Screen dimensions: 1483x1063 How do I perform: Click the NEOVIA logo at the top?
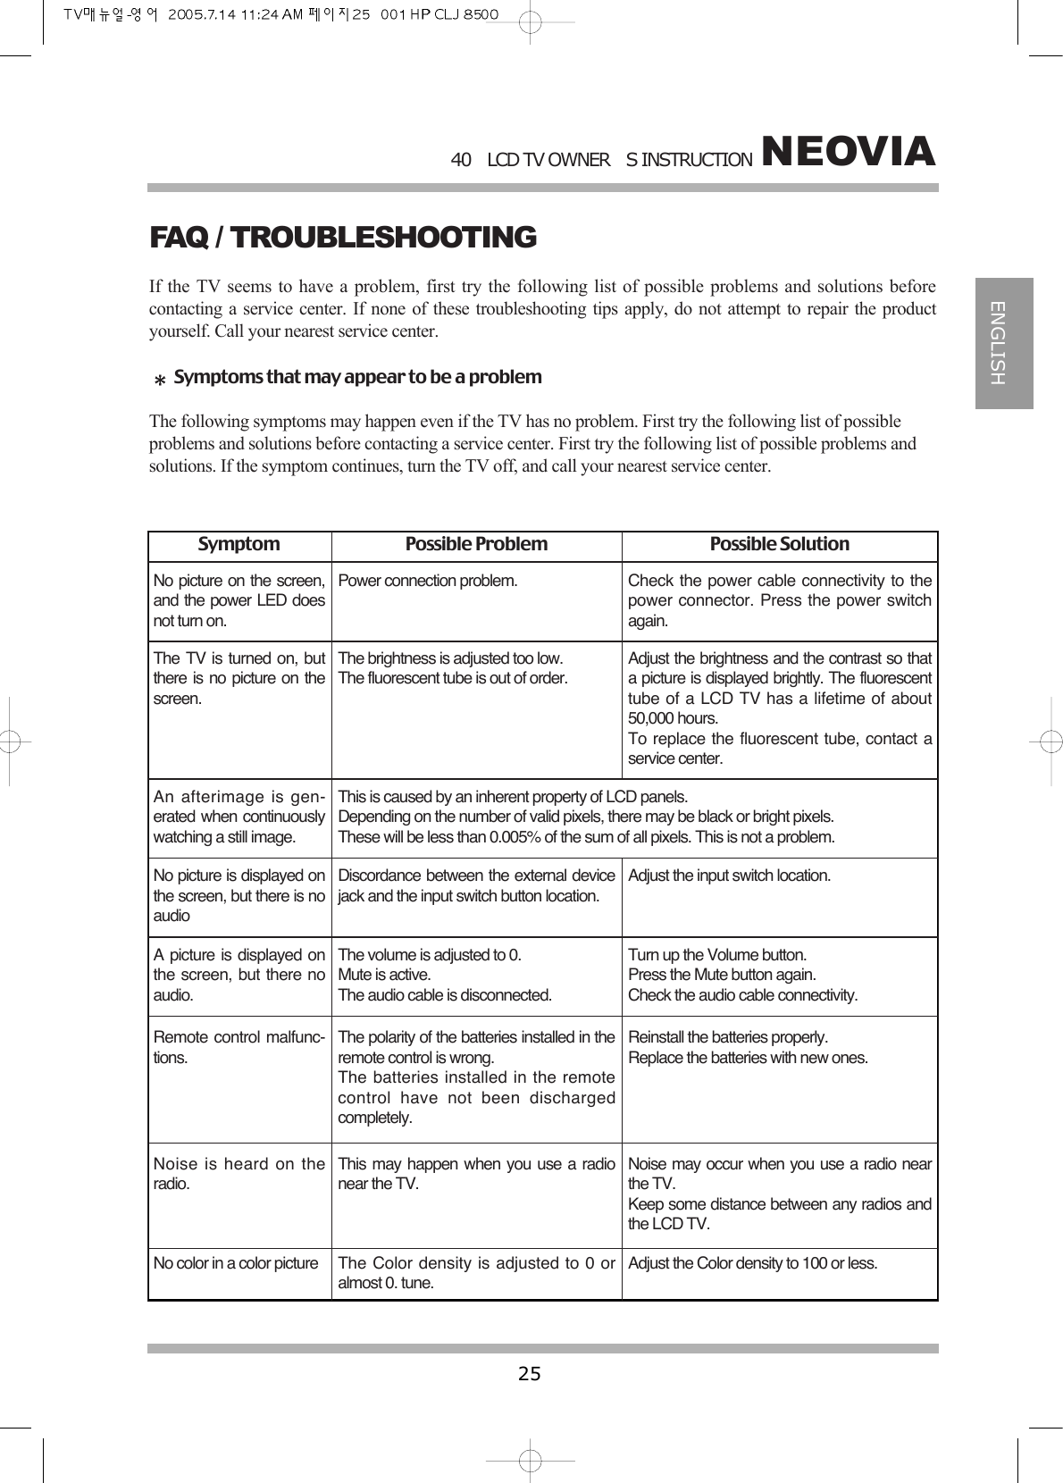tap(848, 152)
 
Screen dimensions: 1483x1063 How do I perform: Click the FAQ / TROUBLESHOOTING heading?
tap(342, 238)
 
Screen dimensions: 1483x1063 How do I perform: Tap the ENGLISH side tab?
tap(1003, 343)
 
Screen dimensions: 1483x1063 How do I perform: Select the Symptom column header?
tap(239, 544)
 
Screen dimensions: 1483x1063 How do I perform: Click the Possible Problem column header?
tap(476, 544)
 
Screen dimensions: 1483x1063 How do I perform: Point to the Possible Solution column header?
tap(779, 544)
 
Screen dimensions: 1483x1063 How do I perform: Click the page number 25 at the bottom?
tap(530, 1373)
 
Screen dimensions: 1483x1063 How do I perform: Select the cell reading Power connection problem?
tap(427, 582)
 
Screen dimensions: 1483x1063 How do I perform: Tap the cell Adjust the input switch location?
tap(729, 876)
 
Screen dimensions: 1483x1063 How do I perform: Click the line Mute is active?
tap(384, 975)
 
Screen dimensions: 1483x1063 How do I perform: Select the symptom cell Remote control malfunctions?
tap(239, 1047)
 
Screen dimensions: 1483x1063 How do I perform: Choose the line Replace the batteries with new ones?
tap(748, 1058)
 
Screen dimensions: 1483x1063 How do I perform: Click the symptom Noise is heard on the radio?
tap(239, 1174)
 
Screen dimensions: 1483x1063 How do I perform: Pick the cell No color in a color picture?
tap(236, 1263)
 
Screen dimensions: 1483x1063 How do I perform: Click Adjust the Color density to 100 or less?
tap(752, 1263)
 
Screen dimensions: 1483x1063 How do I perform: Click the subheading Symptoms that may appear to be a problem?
tap(357, 377)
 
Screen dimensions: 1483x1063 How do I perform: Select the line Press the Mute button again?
tap(722, 975)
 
